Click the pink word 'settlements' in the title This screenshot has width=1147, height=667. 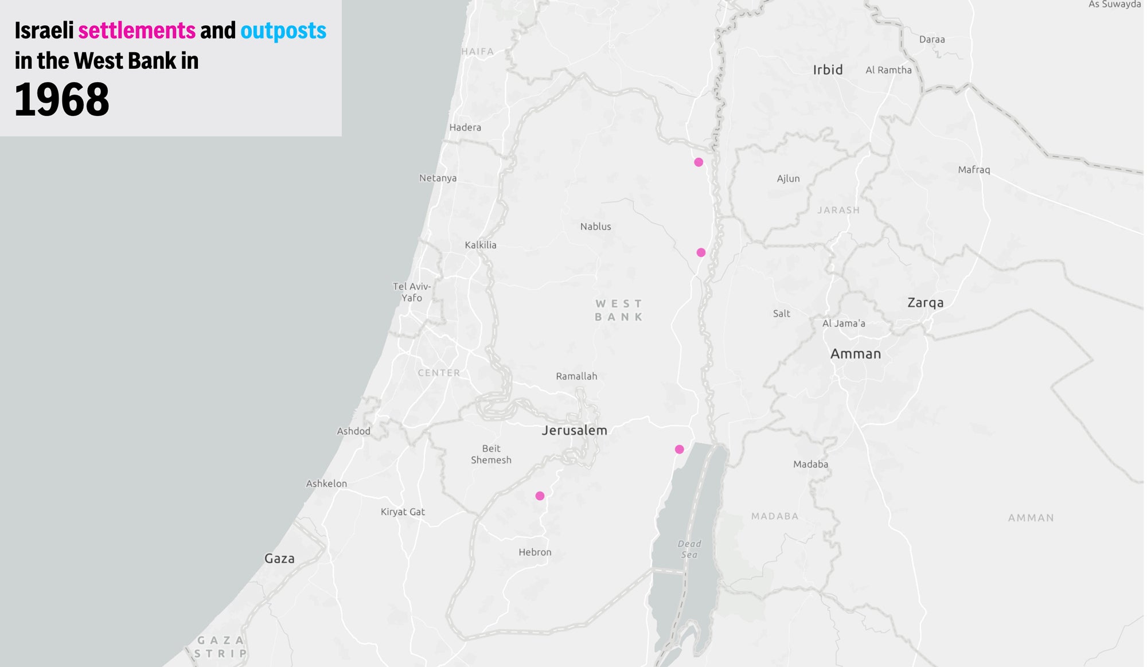point(136,30)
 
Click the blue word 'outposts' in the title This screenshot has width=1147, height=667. point(283,30)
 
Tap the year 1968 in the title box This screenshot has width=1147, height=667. point(62,100)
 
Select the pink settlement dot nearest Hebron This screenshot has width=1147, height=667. point(540,496)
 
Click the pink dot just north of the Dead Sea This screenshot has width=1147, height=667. point(679,449)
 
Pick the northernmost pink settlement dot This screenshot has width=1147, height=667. point(699,162)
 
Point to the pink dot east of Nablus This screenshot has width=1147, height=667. point(701,252)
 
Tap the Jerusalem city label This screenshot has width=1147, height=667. point(574,430)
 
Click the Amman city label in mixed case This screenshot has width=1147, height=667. point(855,354)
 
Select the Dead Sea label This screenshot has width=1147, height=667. point(689,549)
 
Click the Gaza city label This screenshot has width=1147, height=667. point(279,559)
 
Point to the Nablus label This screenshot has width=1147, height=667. point(595,227)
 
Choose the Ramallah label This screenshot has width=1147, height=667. point(576,376)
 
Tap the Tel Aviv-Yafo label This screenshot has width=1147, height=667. point(412,292)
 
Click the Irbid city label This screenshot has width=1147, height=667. point(828,70)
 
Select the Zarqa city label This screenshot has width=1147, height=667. point(925,303)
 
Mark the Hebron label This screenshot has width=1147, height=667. point(535,552)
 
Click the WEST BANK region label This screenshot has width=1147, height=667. point(618,310)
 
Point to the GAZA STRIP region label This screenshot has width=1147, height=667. point(221,646)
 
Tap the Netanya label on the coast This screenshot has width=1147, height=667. point(438,178)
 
